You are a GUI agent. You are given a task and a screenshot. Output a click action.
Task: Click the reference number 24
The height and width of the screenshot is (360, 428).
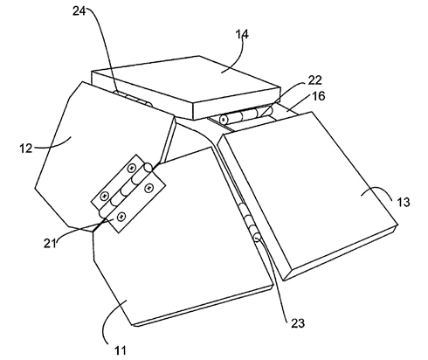79,11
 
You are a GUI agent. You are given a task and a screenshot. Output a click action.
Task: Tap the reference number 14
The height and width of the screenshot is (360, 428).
242,34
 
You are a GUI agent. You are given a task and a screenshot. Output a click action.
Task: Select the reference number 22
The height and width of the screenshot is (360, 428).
314,80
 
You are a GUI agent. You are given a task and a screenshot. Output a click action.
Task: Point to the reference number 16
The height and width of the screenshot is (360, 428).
319,96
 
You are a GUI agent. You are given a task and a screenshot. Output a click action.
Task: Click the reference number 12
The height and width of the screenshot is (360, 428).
25,149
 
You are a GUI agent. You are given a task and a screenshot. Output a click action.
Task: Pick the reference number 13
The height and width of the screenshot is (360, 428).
404,202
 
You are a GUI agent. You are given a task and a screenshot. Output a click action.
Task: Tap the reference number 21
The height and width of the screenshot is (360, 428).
50,243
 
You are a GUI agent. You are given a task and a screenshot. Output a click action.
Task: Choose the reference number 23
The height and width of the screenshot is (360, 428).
298,323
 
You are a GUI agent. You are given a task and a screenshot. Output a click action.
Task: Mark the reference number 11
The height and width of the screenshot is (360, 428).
121,350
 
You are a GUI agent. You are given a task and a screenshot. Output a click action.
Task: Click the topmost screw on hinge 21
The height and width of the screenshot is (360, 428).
132,168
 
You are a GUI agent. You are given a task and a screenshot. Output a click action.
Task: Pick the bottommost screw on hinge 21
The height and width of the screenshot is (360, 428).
121,216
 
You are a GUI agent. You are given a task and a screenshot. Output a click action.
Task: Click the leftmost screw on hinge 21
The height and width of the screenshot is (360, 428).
104,196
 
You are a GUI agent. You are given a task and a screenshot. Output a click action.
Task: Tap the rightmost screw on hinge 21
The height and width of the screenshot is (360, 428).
149,188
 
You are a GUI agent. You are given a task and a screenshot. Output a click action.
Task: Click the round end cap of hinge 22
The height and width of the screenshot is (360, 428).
224,119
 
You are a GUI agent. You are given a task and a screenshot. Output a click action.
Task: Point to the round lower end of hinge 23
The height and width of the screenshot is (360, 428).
258,239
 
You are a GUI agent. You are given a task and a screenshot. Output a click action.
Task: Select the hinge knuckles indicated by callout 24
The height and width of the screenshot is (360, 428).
133,99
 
